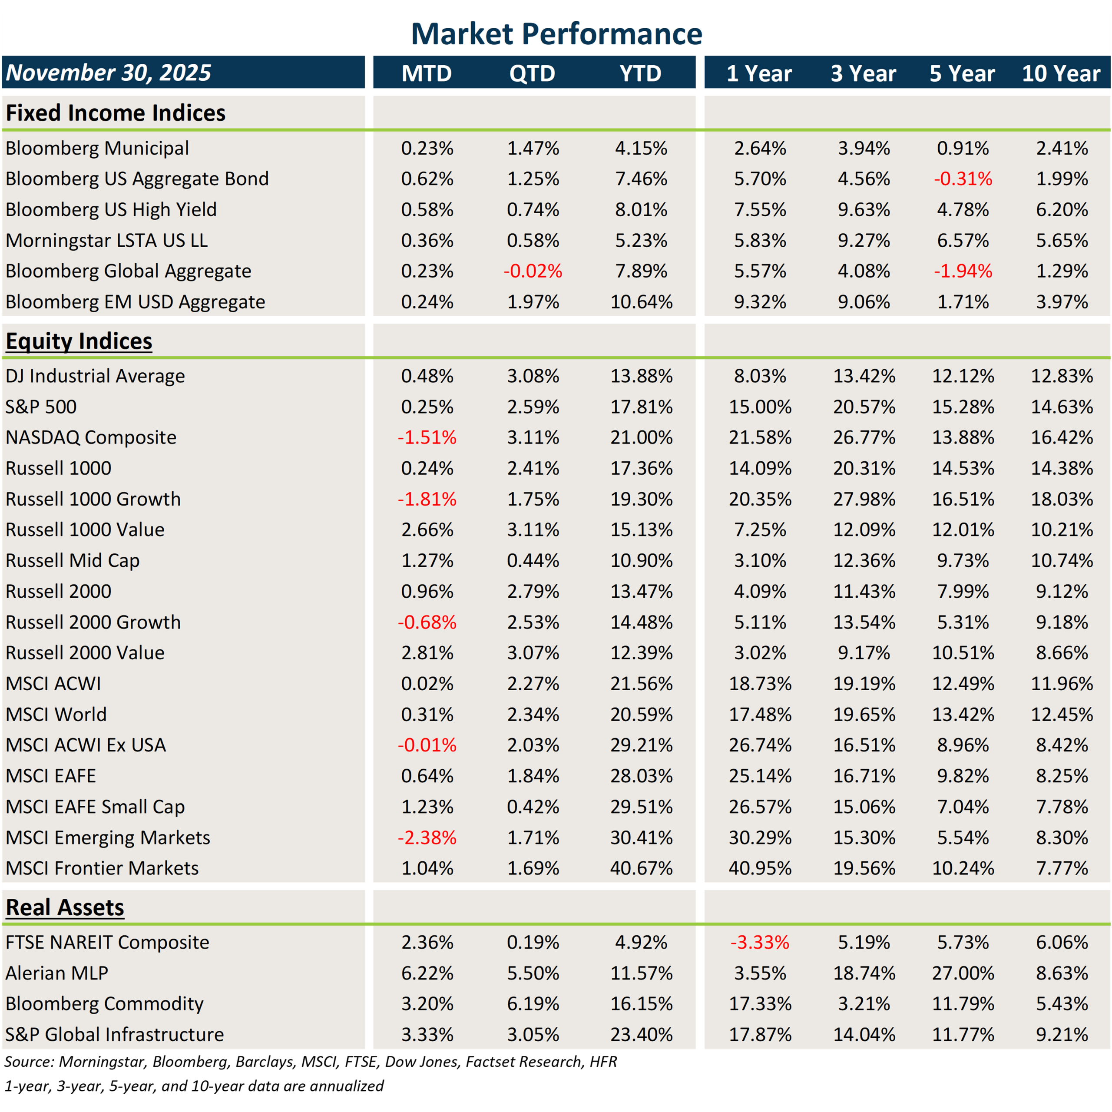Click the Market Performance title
click(556, 33)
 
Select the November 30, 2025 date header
click(108, 73)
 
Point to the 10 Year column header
click(1061, 73)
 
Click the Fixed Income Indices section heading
click(115, 113)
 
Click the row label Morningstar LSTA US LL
click(106, 240)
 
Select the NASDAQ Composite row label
click(91, 437)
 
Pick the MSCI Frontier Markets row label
click(102, 868)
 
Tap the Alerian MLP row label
click(56, 973)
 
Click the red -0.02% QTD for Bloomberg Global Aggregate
click(533, 271)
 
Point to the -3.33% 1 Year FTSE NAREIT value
click(760, 942)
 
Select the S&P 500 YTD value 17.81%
click(641, 407)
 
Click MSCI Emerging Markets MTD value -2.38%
click(427, 837)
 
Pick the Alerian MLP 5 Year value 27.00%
click(963, 973)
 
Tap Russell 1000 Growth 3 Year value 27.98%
click(864, 499)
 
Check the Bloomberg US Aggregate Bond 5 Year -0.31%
click(963, 179)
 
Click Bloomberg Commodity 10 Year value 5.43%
click(1062, 1004)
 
